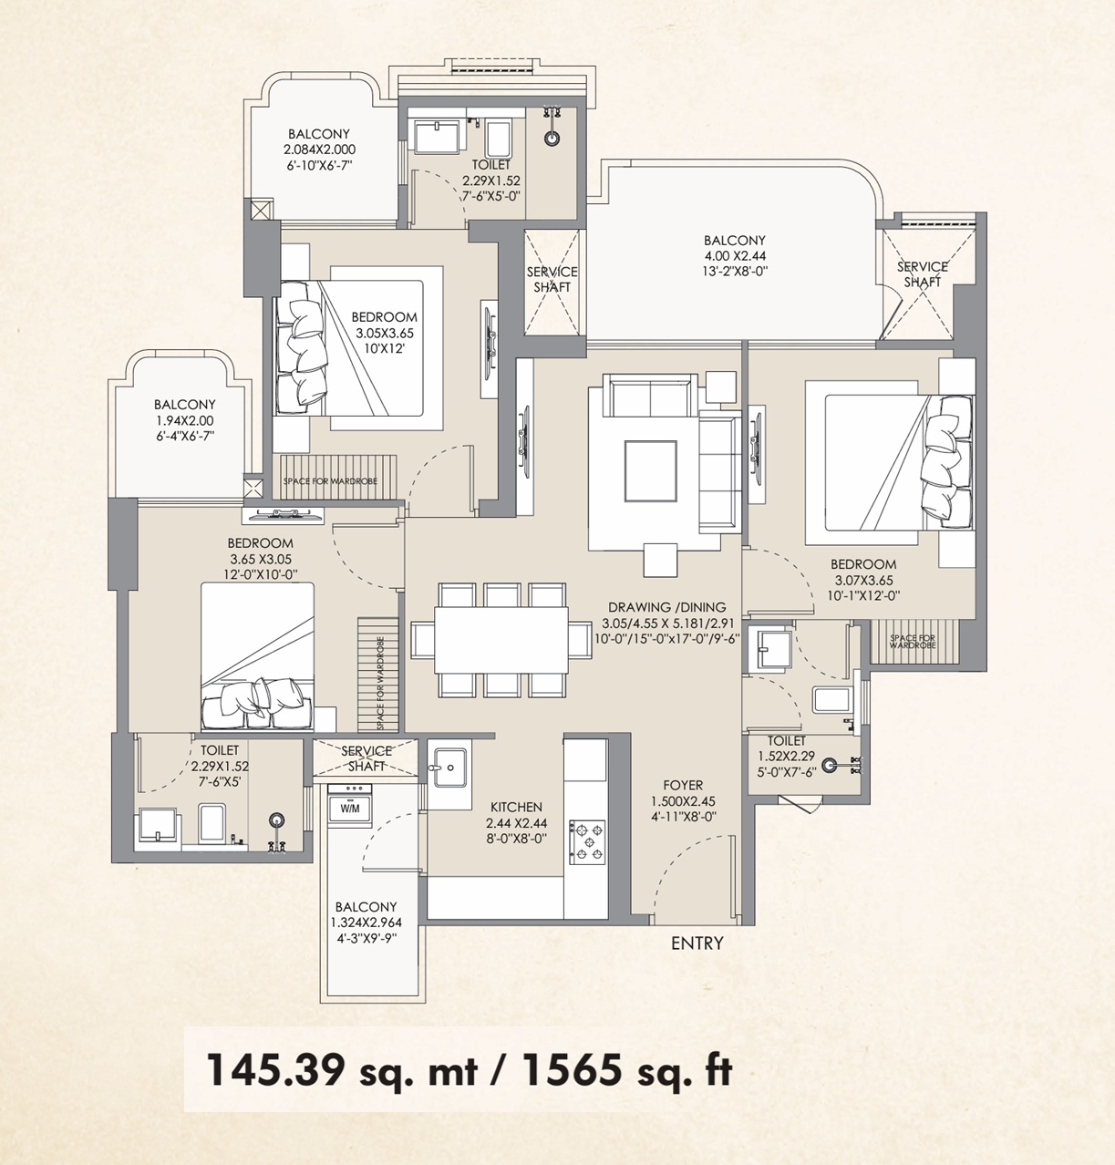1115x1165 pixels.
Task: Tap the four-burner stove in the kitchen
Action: pos(587,842)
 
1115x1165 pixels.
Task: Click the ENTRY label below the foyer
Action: pos(697,943)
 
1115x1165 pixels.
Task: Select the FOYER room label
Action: pos(683,785)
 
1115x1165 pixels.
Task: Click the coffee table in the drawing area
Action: pos(650,471)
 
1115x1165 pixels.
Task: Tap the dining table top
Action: pos(501,640)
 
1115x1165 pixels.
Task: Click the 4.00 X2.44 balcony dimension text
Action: pos(735,255)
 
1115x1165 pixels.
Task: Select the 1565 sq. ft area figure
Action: pos(627,1071)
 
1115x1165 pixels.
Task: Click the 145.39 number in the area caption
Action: pos(275,1071)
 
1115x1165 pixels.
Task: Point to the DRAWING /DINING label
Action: pos(667,607)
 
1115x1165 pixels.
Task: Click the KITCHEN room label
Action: pos(516,807)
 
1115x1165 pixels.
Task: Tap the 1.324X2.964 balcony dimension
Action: pos(366,923)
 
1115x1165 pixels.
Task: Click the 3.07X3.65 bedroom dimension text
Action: pos(862,580)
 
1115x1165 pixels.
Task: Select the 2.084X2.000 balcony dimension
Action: pos(319,149)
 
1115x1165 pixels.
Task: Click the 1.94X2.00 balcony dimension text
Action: pos(184,420)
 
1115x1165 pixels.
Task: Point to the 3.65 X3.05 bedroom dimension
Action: pos(261,559)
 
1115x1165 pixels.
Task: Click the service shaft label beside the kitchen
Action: pos(366,758)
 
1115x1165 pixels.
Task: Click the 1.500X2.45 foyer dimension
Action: pos(683,801)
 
